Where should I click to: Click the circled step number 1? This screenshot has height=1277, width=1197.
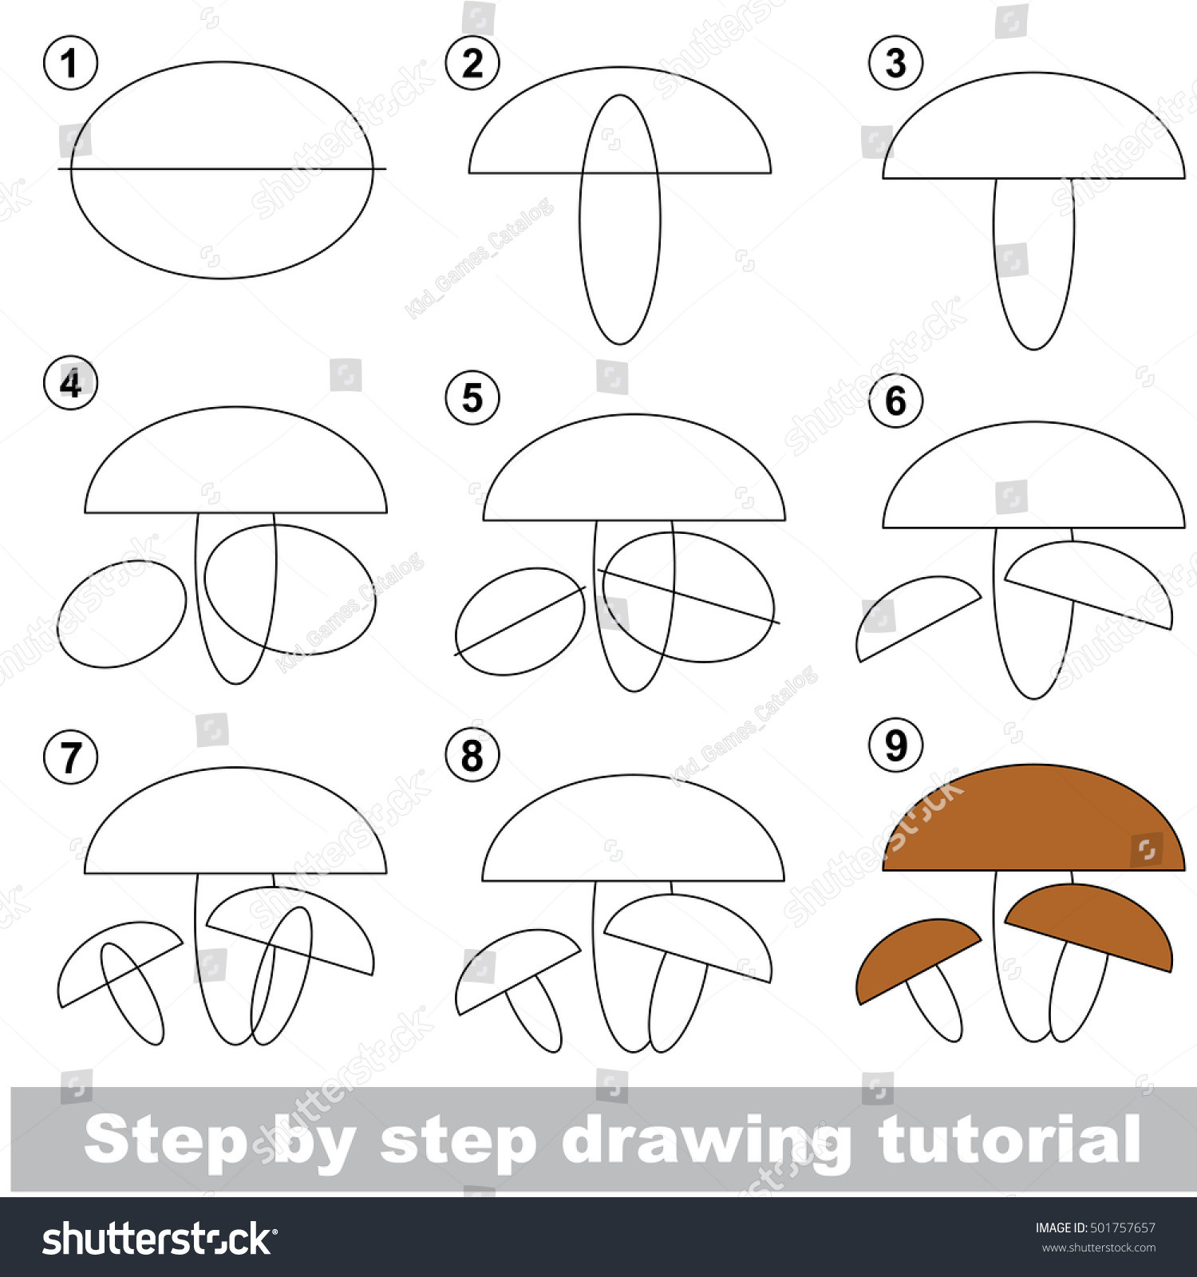(70, 63)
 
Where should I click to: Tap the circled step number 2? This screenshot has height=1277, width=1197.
(472, 63)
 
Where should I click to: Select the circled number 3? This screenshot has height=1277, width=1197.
(895, 63)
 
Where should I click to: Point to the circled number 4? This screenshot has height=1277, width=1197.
(70, 383)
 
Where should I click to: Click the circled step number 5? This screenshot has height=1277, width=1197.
(472, 397)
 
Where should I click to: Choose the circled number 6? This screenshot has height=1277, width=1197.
(895, 401)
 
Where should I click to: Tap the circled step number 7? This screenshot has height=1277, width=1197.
(70, 757)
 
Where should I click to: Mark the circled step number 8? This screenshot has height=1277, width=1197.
(472, 755)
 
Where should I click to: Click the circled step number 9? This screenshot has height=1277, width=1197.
(895, 745)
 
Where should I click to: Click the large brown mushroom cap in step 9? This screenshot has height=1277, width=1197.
(1033, 822)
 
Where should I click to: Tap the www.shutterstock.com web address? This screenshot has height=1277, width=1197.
(1098, 1247)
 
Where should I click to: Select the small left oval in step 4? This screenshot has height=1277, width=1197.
(121, 615)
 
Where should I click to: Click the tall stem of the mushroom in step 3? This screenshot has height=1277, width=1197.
(1033, 263)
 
